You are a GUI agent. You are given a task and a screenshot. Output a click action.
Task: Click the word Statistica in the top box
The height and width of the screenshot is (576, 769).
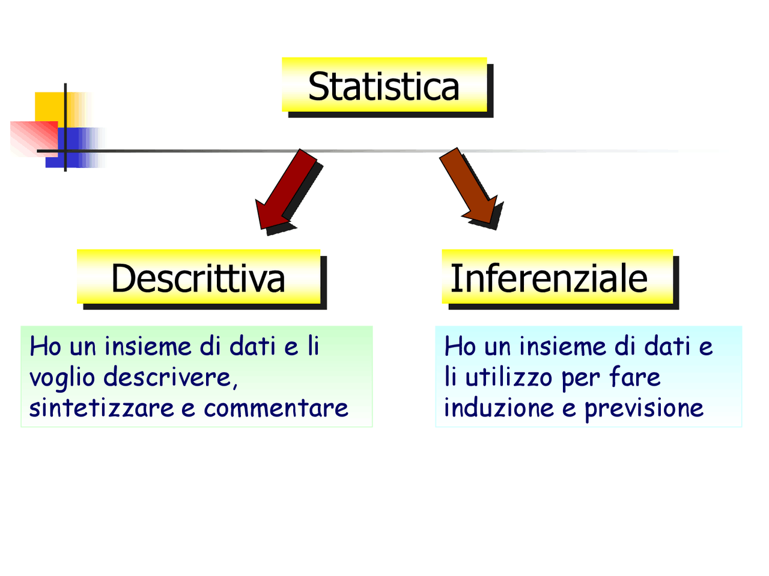[383, 86]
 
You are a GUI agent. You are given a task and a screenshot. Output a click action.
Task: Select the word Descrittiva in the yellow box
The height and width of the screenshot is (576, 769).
[198, 278]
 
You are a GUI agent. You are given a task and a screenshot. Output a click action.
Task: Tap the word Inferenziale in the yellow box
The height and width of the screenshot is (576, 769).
[549, 278]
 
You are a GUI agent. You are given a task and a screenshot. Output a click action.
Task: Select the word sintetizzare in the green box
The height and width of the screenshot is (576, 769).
[102, 408]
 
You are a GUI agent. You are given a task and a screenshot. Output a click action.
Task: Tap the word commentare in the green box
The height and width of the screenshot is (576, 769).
[276, 408]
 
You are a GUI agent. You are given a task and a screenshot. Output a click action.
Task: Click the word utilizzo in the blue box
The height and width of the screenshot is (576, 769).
[508, 377]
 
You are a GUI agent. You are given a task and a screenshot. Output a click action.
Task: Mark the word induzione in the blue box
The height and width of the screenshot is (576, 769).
[499, 408]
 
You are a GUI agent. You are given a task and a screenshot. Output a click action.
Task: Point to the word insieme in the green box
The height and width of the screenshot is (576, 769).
[148, 346]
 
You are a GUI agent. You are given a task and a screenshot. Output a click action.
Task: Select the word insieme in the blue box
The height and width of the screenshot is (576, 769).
[563, 346]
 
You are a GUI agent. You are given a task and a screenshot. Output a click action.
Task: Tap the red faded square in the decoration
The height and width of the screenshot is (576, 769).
[34, 139]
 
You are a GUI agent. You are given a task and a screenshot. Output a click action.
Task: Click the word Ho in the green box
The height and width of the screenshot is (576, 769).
[45, 346]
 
